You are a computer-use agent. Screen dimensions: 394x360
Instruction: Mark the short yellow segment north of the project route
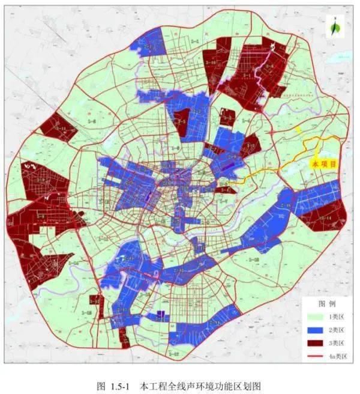[298, 130]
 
